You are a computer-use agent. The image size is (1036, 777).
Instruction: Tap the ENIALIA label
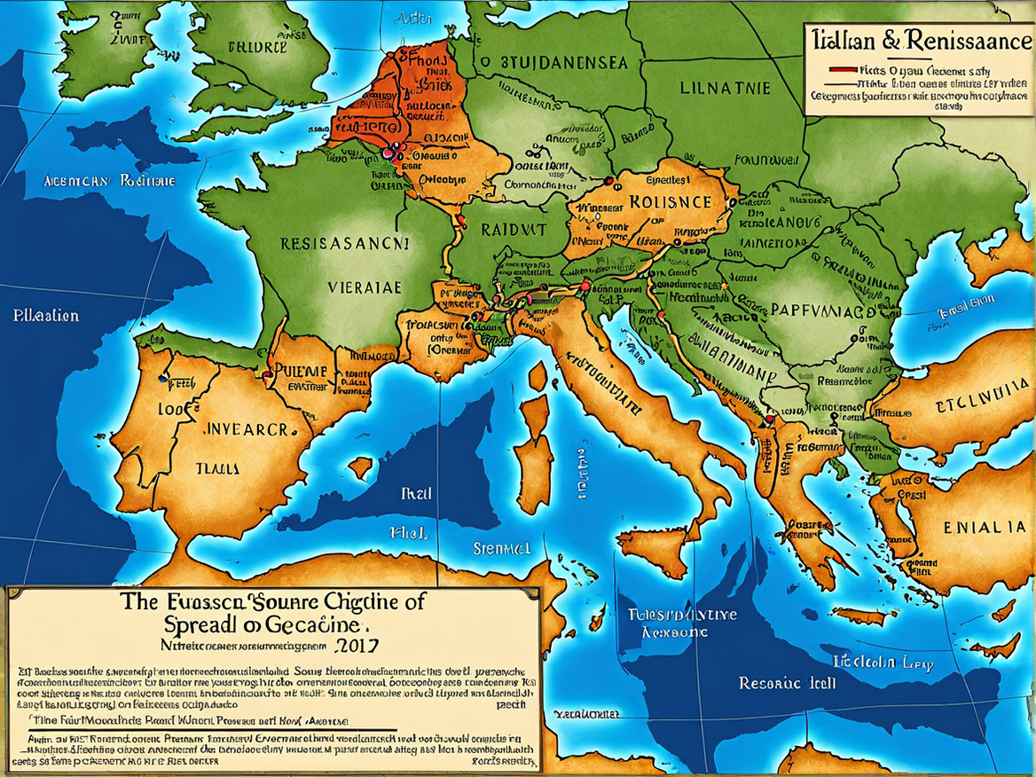pos(985,527)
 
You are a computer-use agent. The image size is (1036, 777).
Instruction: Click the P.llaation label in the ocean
pos(46,316)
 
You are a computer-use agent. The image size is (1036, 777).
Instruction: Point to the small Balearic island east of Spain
pos(360,467)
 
